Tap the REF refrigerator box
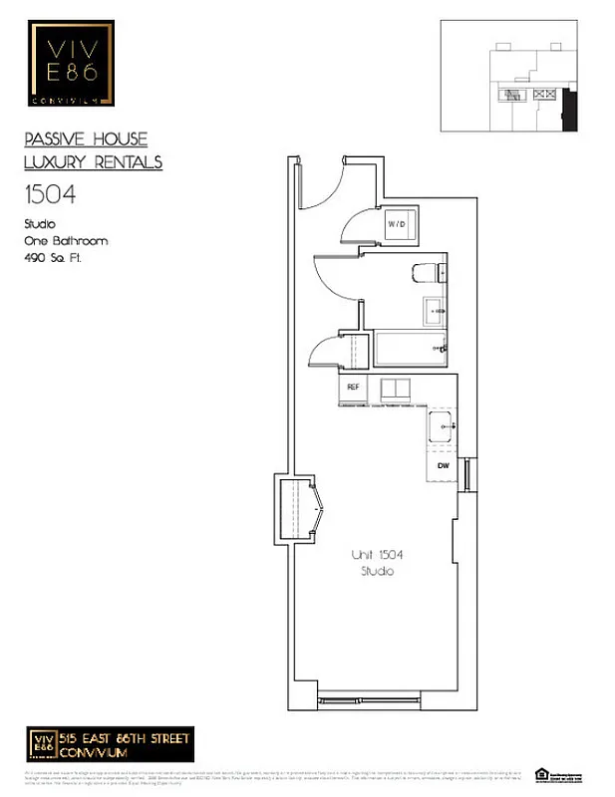pos(353,387)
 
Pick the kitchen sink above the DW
pos(444,428)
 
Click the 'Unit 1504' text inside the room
pos(377,554)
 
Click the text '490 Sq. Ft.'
pos(51,258)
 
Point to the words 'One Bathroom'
pos(65,241)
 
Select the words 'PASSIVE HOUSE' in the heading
pos(85,139)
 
